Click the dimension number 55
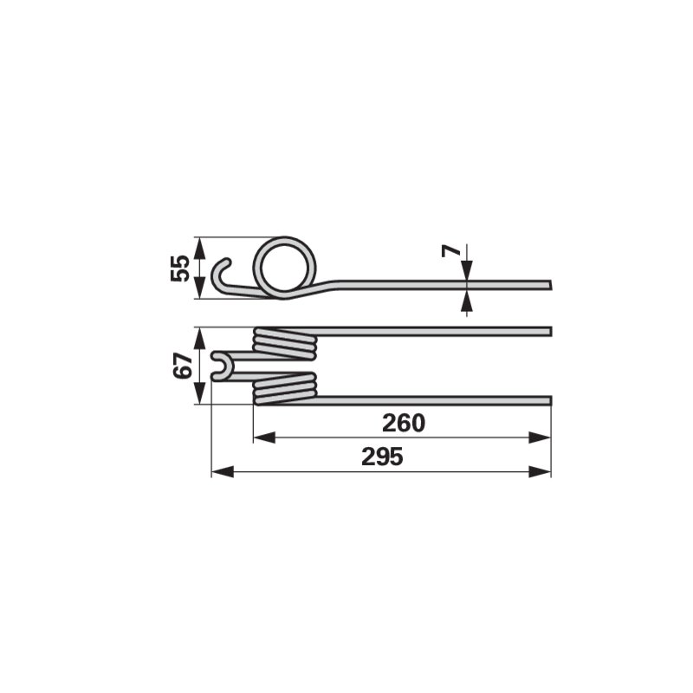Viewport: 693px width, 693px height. click(x=180, y=268)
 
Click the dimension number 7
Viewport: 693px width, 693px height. click(x=450, y=251)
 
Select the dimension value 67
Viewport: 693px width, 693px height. click(x=183, y=365)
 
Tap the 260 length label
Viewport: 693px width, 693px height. click(x=403, y=423)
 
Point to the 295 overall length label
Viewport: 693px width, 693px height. click(x=382, y=457)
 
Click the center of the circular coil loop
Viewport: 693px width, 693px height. click(x=285, y=267)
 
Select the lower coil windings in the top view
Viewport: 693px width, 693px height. click(x=285, y=388)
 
